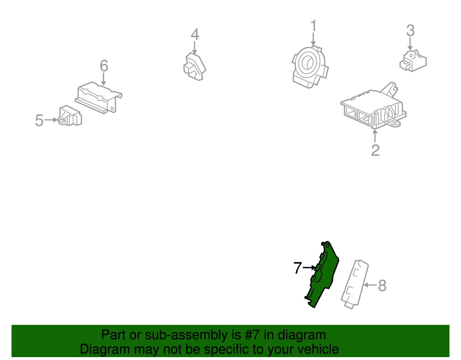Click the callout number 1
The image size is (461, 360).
pyautogui.click(x=313, y=26)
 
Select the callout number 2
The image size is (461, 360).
pyautogui.click(x=375, y=150)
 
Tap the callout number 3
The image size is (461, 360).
pyautogui.click(x=410, y=31)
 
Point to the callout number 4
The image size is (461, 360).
pyautogui.click(x=195, y=34)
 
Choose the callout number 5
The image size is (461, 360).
pyautogui.click(x=39, y=120)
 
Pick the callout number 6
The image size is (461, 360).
pyautogui.click(x=104, y=66)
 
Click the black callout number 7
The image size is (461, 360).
pyautogui.click(x=298, y=268)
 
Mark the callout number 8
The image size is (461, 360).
pyautogui.click(x=382, y=286)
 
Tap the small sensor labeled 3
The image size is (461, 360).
pyautogui.click(x=413, y=61)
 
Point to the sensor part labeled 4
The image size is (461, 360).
pyautogui.click(x=194, y=67)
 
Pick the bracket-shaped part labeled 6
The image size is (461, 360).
pyautogui.click(x=99, y=98)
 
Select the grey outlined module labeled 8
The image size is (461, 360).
pyautogui.click(x=355, y=284)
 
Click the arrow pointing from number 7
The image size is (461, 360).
pyautogui.click(x=309, y=268)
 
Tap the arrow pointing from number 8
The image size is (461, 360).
pyautogui.click(x=371, y=285)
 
